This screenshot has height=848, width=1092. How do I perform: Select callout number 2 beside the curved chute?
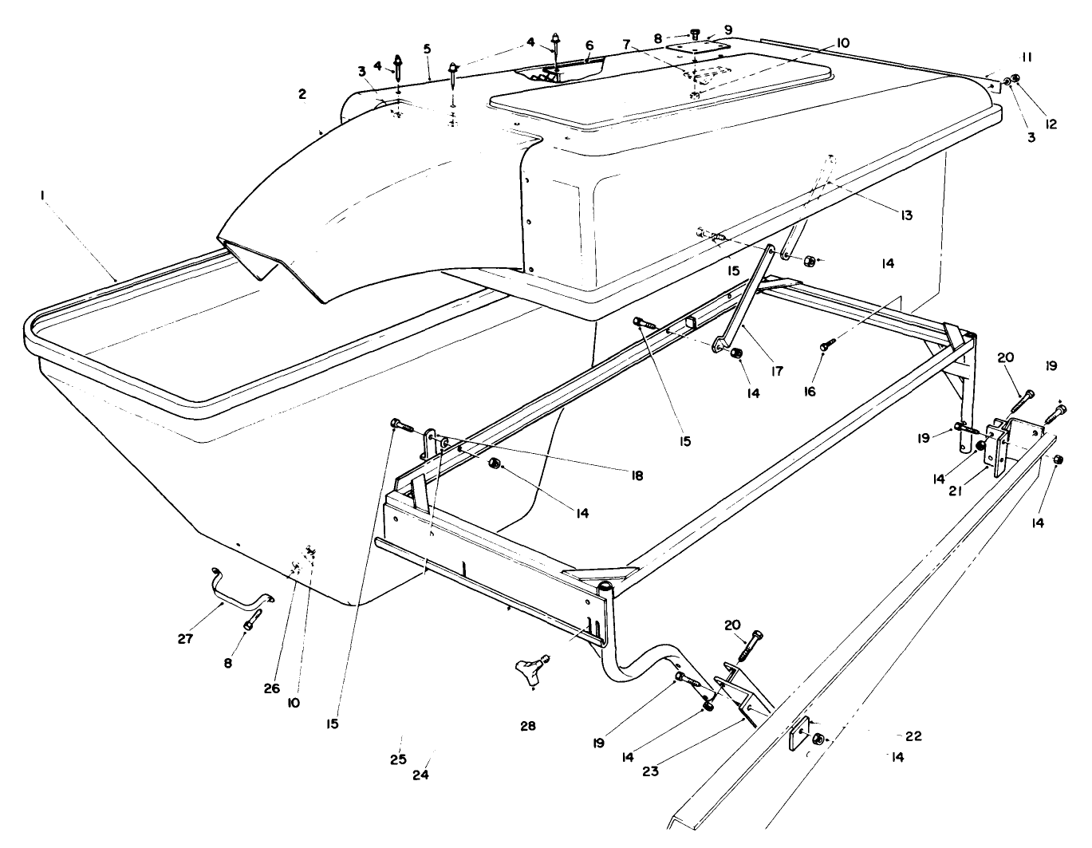[302, 94]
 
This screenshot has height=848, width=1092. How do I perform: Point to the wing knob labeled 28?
[532, 665]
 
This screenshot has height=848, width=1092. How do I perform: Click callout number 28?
[527, 726]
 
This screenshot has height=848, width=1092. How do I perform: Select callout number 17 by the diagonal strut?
[777, 370]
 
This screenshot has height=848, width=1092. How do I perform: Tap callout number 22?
[914, 736]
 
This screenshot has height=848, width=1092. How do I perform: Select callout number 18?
[635, 475]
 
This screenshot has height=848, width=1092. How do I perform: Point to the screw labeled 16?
[826, 345]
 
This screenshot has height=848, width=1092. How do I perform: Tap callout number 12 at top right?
[1051, 124]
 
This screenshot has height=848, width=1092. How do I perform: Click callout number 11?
[1027, 57]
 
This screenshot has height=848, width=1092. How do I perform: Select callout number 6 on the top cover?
[589, 45]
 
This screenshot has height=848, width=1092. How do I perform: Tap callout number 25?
[398, 759]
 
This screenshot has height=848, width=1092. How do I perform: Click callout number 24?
[421, 775]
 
